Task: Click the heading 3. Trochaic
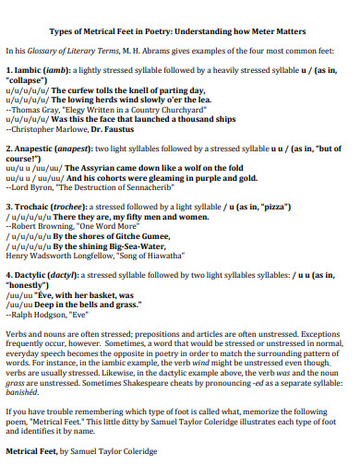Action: [30, 208]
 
